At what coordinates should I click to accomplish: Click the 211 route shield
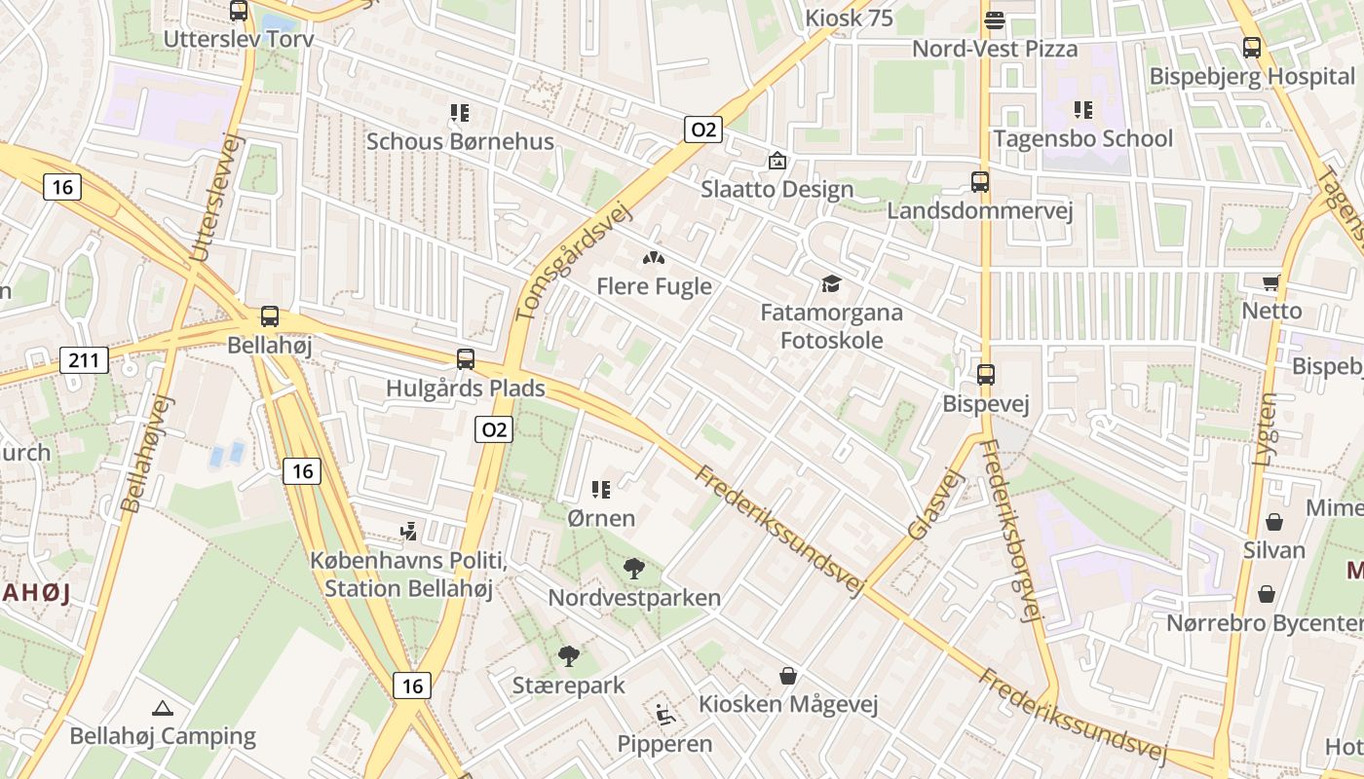click(84, 360)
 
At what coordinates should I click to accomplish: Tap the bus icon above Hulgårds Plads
click(466, 359)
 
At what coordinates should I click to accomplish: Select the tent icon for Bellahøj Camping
click(163, 708)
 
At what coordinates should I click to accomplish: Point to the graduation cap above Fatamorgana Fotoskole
click(831, 283)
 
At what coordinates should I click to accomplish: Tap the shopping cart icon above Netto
click(1270, 282)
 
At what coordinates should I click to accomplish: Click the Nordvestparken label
click(634, 597)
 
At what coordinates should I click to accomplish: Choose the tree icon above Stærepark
click(568, 656)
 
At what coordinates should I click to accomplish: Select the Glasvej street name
click(934, 503)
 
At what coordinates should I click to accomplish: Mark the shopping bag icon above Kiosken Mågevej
click(788, 675)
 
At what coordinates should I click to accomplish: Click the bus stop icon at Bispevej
click(986, 375)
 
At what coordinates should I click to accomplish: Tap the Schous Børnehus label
click(460, 141)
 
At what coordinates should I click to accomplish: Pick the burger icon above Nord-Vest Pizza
click(995, 19)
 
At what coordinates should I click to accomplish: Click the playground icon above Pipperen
click(665, 716)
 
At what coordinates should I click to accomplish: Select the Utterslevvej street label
click(215, 197)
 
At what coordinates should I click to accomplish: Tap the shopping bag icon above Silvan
click(1273, 522)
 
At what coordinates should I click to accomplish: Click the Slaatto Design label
click(777, 189)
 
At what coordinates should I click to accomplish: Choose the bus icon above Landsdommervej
click(979, 182)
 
